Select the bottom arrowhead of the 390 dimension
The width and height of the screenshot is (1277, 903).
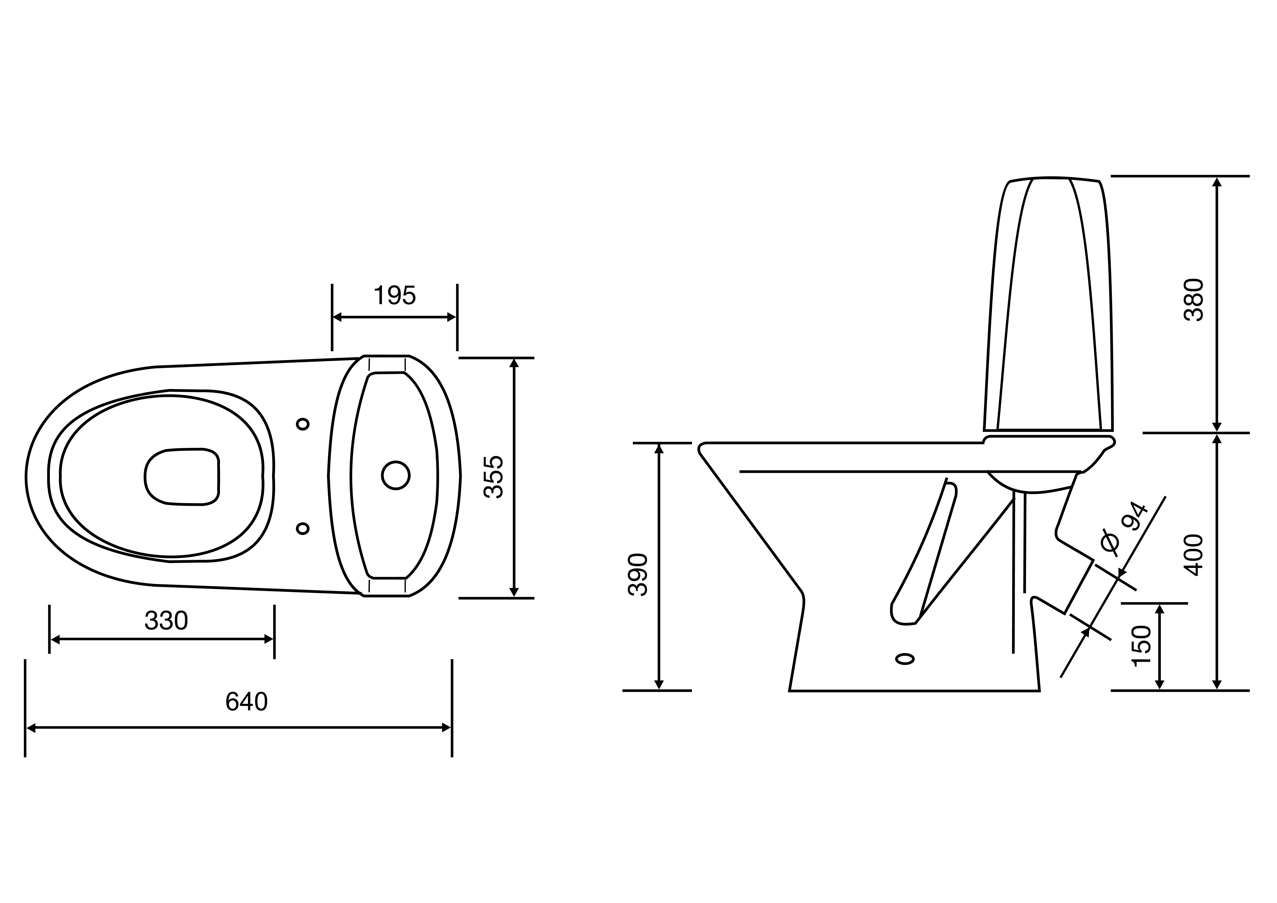click(659, 685)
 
